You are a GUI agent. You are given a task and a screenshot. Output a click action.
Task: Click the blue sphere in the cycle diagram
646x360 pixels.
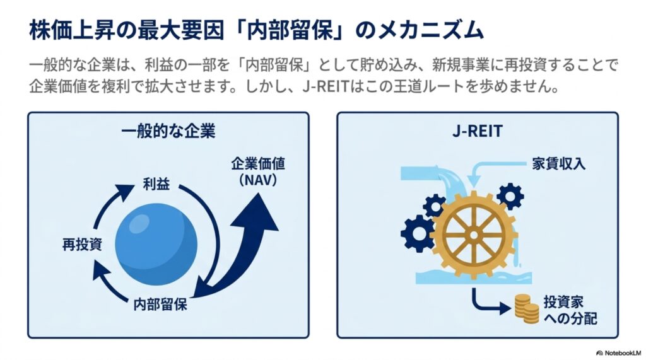pos(156,244)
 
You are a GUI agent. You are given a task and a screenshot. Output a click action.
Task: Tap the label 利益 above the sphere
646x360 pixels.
pos(156,184)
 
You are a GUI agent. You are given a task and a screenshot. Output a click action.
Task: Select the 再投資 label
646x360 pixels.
pos(83,245)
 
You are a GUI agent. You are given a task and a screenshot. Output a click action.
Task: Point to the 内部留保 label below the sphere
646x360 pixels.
pos(160,305)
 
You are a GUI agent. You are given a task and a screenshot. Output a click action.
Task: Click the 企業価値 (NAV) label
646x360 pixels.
pos(258,171)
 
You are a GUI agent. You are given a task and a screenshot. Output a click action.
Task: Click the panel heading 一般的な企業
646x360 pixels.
pos(168,131)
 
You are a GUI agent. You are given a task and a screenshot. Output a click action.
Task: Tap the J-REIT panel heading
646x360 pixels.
pos(478,131)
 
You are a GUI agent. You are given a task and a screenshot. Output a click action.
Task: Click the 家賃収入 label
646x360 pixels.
pos(558,164)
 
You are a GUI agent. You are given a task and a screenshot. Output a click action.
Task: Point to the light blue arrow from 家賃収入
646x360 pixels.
pos(495,170)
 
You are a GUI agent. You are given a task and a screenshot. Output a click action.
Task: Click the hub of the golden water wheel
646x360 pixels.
pos(473,235)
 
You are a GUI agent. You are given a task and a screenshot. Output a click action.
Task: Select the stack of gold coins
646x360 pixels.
pos(527,310)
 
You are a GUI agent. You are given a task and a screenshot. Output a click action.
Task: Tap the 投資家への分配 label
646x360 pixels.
pos(570,310)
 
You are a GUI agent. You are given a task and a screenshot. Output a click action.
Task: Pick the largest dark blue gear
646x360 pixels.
pos(418,233)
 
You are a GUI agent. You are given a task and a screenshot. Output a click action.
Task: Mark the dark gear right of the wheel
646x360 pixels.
pos(510,197)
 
